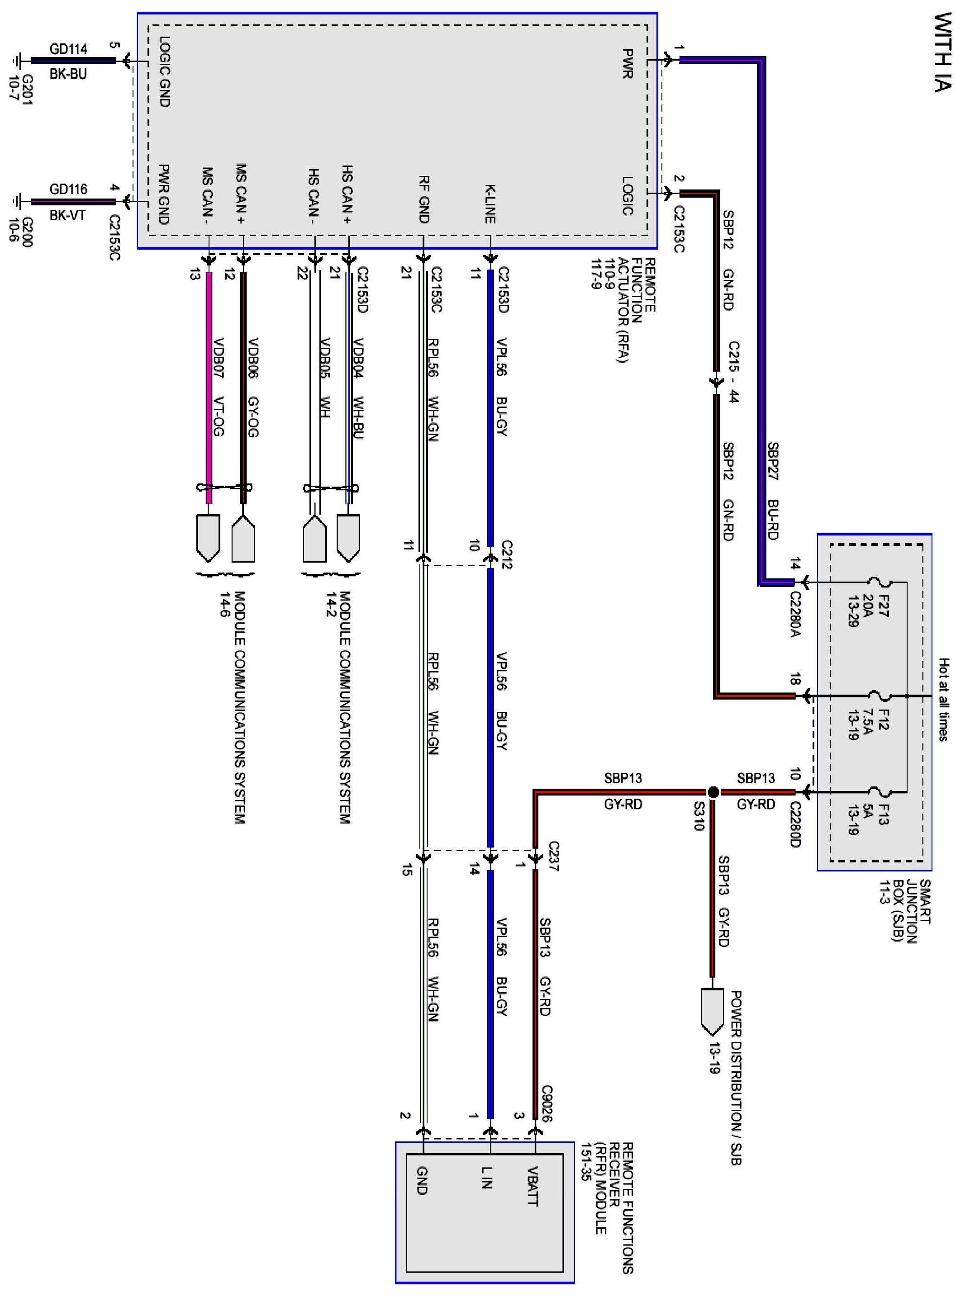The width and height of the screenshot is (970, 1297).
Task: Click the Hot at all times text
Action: [943, 699]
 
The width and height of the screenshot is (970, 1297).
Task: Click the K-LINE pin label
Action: [490, 204]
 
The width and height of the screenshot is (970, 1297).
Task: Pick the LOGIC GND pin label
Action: [165, 71]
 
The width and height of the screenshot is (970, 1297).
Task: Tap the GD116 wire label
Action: [68, 189]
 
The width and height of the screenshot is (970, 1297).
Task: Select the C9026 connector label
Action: [547, 1103]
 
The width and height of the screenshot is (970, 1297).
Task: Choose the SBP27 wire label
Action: [773, 461]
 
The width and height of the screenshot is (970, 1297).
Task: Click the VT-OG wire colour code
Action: [218, 417]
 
